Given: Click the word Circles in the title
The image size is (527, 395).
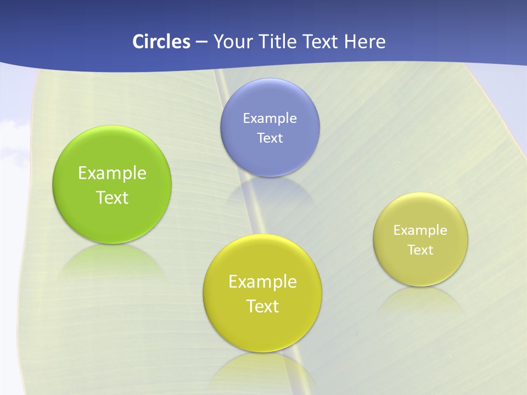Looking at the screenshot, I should click(161, 42).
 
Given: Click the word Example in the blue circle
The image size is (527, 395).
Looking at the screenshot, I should click(270, 118).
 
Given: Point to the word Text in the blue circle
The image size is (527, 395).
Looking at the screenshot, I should click(270, 138).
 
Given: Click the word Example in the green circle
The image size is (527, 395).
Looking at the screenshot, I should click(112, 173).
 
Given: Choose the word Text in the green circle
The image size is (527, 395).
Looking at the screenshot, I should click(112, 198).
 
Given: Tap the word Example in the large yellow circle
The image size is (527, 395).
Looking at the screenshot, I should click(262, 282).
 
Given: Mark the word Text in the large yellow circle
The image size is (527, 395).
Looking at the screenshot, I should click(262, 306).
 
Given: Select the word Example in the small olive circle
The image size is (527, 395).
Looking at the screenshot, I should click(421, 230).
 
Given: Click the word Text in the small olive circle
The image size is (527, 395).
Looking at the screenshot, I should click(421, 250).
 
